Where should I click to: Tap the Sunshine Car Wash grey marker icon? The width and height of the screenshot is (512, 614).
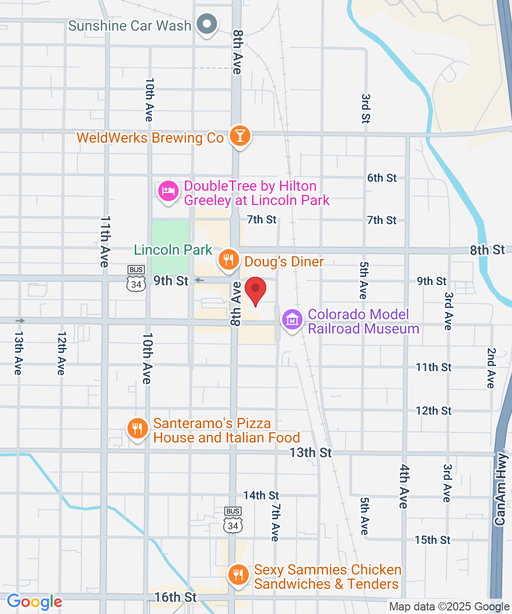[x=207, y=24]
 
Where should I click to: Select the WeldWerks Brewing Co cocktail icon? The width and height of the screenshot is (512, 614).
[x=239, y=136]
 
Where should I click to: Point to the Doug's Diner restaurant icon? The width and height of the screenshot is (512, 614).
[x=228, y=260]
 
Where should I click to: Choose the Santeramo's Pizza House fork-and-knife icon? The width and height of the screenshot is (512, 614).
[x=137, y=428]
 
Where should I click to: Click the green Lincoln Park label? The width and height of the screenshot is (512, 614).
[x=173, y=250]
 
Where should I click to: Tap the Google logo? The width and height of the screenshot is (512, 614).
[x=34, y=602]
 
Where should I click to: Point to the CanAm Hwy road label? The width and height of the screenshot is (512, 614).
[x=502, y=489]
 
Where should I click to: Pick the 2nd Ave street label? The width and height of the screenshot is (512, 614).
[x=491, y=368]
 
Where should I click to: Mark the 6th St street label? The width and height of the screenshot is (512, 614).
[x=382, y=178]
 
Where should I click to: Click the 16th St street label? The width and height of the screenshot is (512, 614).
[x=175, y=597]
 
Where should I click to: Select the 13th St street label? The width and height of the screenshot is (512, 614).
[x=310, y=452]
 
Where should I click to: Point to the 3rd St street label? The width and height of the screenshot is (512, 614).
[x=366, y=108]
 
